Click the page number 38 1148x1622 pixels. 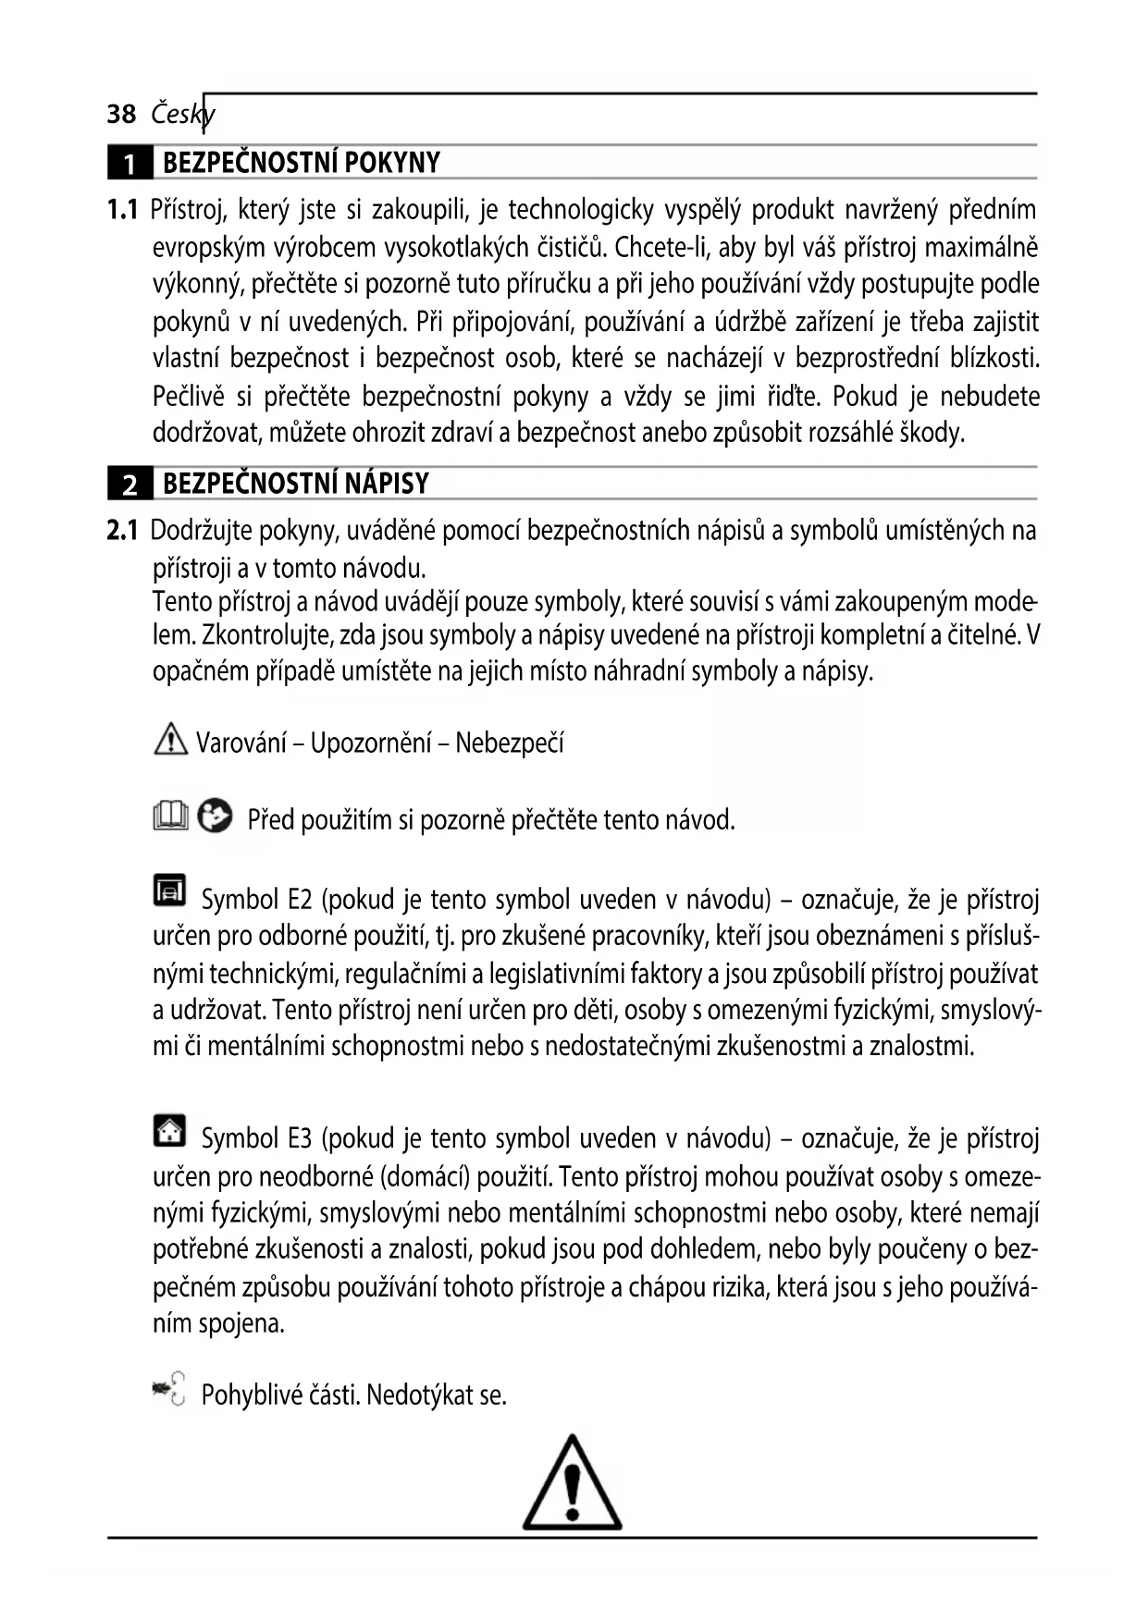tap(121, 115)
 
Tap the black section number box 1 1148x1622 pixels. tap(130, 164)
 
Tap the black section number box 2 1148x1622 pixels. tap(130, 485)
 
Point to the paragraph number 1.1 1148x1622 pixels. tap(122, 210)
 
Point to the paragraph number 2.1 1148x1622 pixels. tap(122, 531)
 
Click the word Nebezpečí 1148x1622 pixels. tap(510, 743)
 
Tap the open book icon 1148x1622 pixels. tap(170, 817)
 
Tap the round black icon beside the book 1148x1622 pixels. tap(215, 816)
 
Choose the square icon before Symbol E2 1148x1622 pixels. tap(169, 890)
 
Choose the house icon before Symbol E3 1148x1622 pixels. tap(169, 1130)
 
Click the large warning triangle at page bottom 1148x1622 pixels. tap(572, 1485)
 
